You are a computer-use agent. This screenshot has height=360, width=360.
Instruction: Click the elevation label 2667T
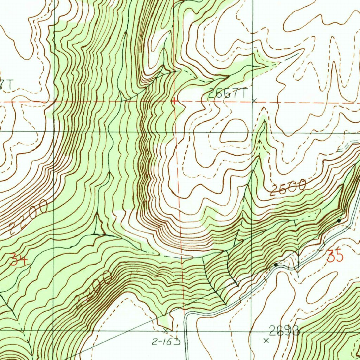[x=228, y=93]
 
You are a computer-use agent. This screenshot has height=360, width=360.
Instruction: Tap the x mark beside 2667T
[x=255, y=101]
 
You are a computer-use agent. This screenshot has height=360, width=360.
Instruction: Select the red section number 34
[x=19, y=260]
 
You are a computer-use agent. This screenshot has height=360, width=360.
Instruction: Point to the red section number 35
[x=335, y=256]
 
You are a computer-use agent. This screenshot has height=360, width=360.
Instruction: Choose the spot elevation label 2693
[x=284, y=331]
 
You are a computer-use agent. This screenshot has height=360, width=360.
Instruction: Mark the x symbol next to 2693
[x=266, y=340]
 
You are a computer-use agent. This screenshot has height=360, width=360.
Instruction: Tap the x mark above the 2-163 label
[x=166, y=331]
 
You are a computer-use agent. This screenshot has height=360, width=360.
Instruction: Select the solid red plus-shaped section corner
[x=174, y=102]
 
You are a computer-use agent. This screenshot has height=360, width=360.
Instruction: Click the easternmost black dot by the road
[x=339, y=221]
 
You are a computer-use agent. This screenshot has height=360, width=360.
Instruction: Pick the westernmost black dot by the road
[x=276, y=264]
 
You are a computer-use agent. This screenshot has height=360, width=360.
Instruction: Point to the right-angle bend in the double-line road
[x=186, y=313]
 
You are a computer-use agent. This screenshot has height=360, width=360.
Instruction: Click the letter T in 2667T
[x=245, y=93]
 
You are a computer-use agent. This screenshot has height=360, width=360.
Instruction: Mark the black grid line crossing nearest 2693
[x=251, y=331]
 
